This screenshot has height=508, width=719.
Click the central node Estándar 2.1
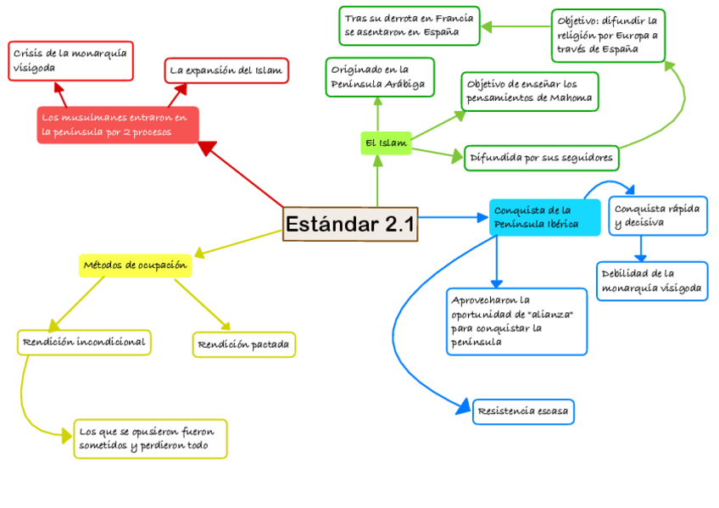[350, 224]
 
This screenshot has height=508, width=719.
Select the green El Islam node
[386, 143]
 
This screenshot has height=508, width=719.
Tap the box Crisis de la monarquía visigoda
[70, 60]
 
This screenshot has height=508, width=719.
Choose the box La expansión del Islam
[226, 70]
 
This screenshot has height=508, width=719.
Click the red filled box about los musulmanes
[117, 125]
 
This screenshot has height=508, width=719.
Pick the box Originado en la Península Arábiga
[379, 77]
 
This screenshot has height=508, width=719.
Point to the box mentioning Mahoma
[529, 92]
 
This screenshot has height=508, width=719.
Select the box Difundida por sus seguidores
[540, 158]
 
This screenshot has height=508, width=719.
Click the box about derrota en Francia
[409, 25]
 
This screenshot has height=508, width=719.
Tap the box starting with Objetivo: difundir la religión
[607, 35]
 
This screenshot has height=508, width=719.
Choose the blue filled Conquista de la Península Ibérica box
[543, 217]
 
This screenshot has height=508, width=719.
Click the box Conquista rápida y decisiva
[657, 216]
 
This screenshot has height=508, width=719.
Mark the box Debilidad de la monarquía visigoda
[651, 282]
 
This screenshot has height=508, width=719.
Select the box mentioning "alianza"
[516, 321]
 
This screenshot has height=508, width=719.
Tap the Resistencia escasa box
[524, 412]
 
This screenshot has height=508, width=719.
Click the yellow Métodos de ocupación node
[135, 265]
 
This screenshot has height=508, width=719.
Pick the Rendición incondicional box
[84, 343]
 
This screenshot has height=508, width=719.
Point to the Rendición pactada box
[243, 344]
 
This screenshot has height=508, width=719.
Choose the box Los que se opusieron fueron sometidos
[150, 438]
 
